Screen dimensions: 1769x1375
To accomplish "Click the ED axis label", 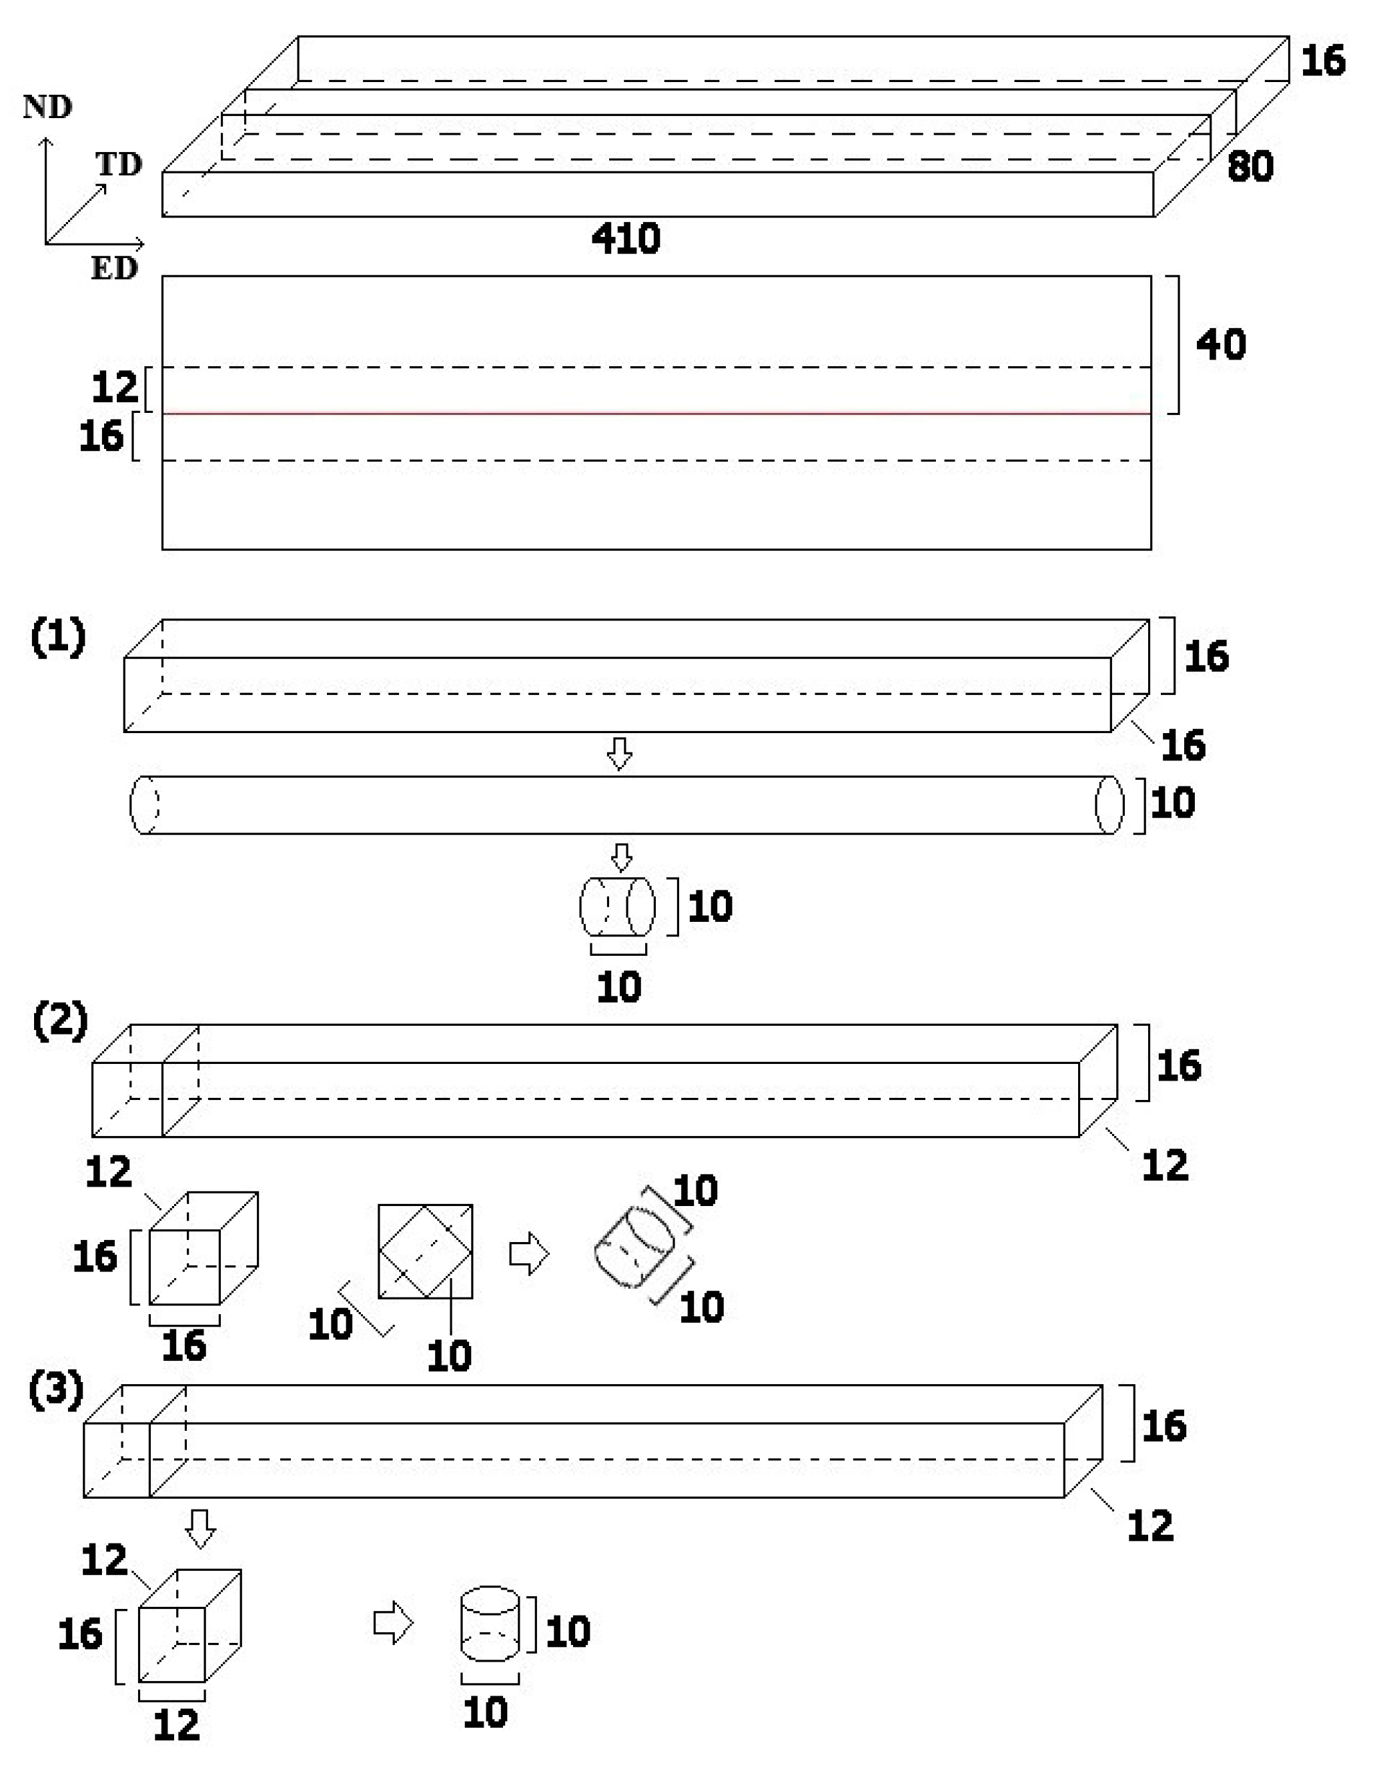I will (113, 268).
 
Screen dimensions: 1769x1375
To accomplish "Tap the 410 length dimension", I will (626, 239).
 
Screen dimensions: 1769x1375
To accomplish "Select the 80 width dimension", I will (1250, 167).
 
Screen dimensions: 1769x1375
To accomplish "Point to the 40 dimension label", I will (1221, 345).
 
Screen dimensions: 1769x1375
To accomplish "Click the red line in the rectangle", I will (656, 413).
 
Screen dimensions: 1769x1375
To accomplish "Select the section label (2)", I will (59, 1022).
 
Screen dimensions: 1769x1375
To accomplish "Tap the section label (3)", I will (56, 1391).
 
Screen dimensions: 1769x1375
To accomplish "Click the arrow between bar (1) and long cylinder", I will (620, 753).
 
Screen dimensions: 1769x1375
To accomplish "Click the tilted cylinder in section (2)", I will (634, 1247).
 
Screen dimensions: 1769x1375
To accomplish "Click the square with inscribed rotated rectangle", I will (426, 1251).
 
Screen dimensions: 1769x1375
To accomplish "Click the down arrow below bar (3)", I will (200, 1528).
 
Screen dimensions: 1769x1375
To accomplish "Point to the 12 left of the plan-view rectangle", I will (115, 387).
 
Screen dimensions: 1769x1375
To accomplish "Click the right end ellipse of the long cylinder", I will (1109, 804).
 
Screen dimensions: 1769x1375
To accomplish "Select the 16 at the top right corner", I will (1322, 61).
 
